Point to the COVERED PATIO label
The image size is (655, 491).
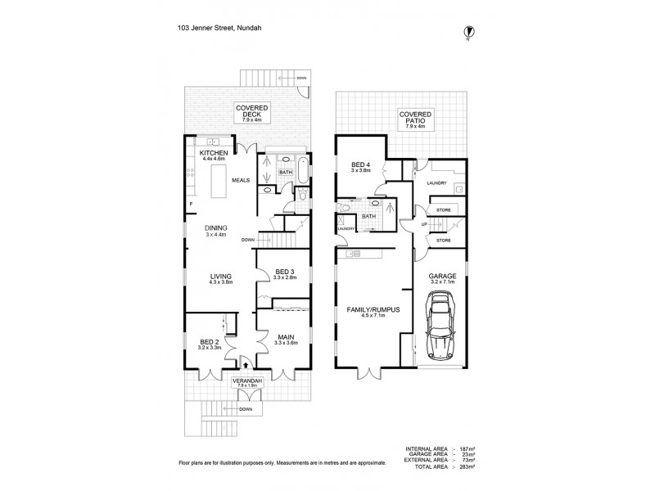click(416, 119)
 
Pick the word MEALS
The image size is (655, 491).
click(241, 180)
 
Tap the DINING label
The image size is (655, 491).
click(216, 228)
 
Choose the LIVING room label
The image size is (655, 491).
click(220, 277)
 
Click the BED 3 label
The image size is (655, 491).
click(285, 272)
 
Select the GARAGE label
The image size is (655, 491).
click(441, 277)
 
